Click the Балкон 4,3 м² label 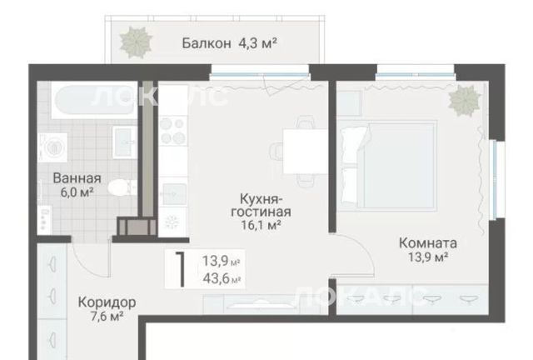pos(230,43)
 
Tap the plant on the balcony pos(136,42)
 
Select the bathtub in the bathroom pos(94,100)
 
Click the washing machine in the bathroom pos(52,147)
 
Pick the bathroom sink pos(124,142)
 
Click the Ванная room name pos(77,178)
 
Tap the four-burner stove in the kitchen pos(173,131)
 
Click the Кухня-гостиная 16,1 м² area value pos(261,225)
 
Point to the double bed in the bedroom pos(386,165)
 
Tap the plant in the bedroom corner pos(465,100)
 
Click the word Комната pos(427,243)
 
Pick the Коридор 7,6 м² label pos(107,309)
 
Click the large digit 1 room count pos(181,269)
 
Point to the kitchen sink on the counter pos(173,194)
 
